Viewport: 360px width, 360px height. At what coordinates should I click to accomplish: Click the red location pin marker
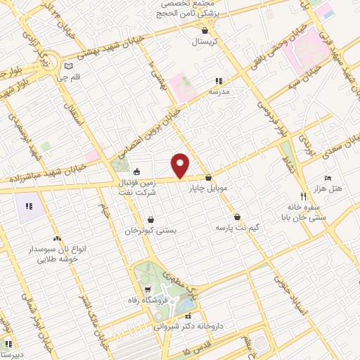[x=181, y=165]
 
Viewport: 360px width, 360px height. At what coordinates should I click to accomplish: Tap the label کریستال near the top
[x=206, y=41]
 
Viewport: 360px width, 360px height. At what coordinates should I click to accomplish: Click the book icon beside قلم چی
[x=68, y=67]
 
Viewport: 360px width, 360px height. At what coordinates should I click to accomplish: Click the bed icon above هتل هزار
[x=327, y=179]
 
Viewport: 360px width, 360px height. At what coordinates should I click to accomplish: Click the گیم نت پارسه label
[x=233, y=229]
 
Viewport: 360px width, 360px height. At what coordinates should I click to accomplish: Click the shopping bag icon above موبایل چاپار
[x=210, y=179]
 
